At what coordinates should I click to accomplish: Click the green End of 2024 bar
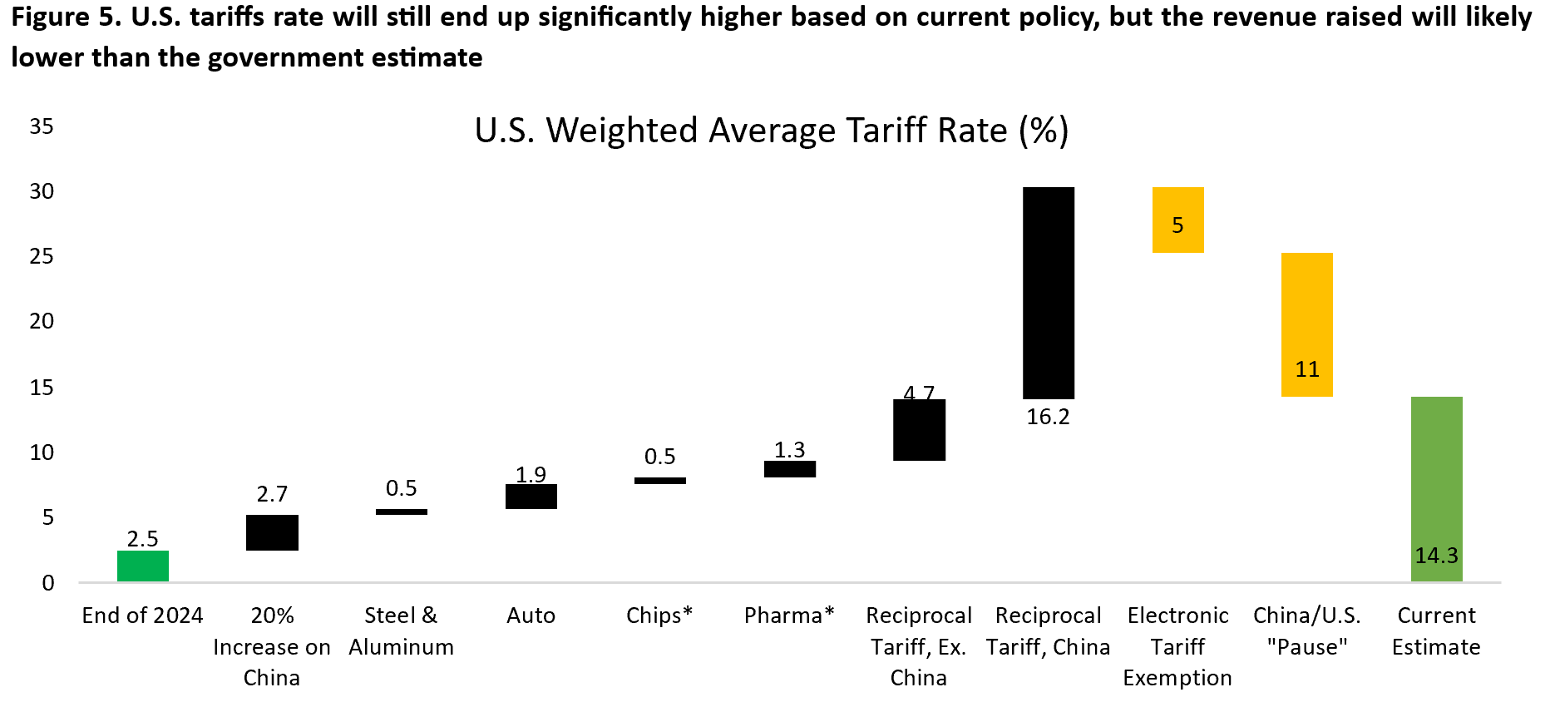click(x=143, y=566)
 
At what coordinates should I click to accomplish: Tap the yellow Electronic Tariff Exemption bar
click(x=1177, y=220)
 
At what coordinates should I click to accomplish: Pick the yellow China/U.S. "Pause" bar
click(x=1306, y=324)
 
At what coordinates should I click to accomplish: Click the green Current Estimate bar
click(x=1436, y=489)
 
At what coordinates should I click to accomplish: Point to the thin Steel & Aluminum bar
click(x=402, y=512)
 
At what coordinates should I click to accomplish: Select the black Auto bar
click(x=531, y=497)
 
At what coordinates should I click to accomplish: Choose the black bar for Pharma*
click(x=790, y=469)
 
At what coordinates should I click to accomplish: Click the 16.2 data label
click(x=1048, y=417)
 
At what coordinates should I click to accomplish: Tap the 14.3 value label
click(x=1436, y=556)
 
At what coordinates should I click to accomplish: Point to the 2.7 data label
click(x=272, y=494)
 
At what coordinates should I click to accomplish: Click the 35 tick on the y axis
click(x=42, y=126)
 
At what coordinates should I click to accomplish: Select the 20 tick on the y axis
click(x=42, y=321)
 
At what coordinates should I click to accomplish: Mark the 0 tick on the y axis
click(x=48, y=583)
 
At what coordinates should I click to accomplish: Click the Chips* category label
click(x=659, y=615)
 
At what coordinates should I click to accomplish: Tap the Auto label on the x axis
click(x=531, y=615)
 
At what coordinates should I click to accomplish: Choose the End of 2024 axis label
click(x=143, y=615)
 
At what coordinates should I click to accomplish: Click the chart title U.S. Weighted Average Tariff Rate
click(x=771, y=131)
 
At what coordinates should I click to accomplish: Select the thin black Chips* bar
click(x=660, y=481)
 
